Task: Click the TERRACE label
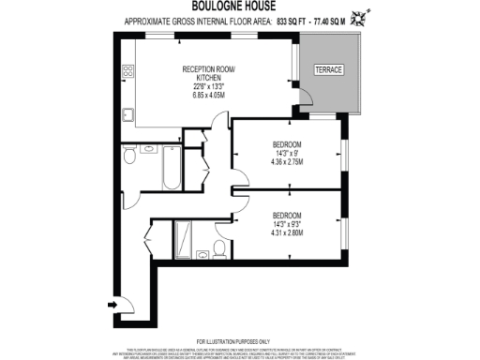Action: (328, 70)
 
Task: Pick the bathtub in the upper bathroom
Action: (172, 159)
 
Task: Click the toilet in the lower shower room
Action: (218, 247)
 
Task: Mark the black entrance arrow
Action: (114, 304)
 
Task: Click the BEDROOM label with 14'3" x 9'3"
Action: (286, 214)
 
